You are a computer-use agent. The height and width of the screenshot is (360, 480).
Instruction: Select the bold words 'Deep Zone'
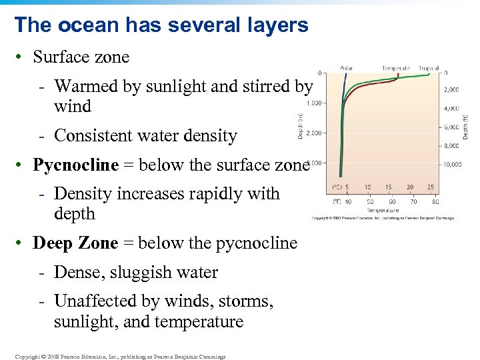pyautogui.click(x=75, y=243)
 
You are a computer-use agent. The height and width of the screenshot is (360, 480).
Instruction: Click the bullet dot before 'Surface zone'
pyautogui.click(x=21, y=58)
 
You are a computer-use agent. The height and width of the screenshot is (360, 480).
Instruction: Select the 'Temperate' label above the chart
pyautogui.click(x=396, y=67)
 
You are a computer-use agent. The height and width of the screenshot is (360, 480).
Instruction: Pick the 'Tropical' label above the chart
pyautogui.click(x=429, y=67)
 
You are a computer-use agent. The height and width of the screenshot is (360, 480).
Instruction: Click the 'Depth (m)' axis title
pyautogui.click(x=299, y=125)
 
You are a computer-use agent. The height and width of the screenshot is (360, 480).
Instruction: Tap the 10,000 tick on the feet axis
pyautogui.click(x=453, y=164)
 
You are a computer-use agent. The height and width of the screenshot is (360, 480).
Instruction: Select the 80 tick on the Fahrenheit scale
pyautogui.click(x=435, y=201)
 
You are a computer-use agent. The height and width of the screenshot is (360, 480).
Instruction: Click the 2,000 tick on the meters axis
pyautogui.click(x=314, y=133)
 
